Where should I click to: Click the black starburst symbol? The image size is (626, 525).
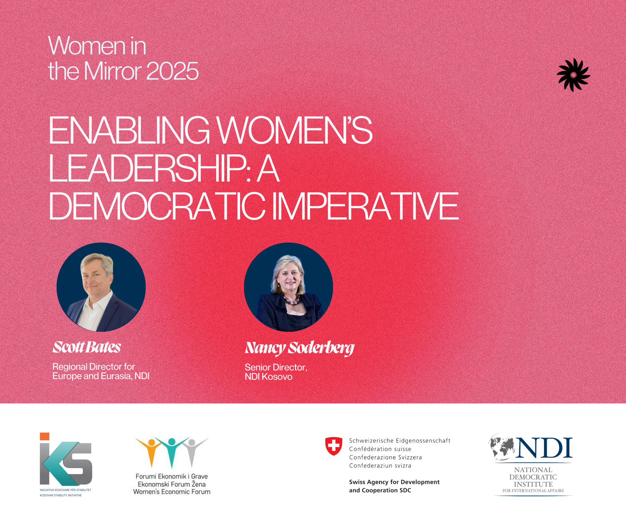point(573,75)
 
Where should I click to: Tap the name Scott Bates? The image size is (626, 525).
point(87,347)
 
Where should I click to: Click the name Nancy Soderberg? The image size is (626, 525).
point(300,348)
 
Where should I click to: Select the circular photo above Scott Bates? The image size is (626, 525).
point(101,287)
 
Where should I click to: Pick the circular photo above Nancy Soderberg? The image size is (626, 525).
point(288,287)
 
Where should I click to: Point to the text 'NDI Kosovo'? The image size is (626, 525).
point(268,377)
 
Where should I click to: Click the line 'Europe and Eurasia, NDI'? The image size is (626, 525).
point(101,376)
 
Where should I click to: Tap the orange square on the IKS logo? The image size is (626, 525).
point(45,436)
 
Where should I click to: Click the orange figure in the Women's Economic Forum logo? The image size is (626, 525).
point(152,451)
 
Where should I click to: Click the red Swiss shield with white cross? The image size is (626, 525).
point(334,446)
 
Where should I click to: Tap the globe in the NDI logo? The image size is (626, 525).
point(502,446)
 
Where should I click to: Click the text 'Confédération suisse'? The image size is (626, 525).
point(380,449)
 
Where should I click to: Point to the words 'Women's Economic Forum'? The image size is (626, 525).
point(172,492)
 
